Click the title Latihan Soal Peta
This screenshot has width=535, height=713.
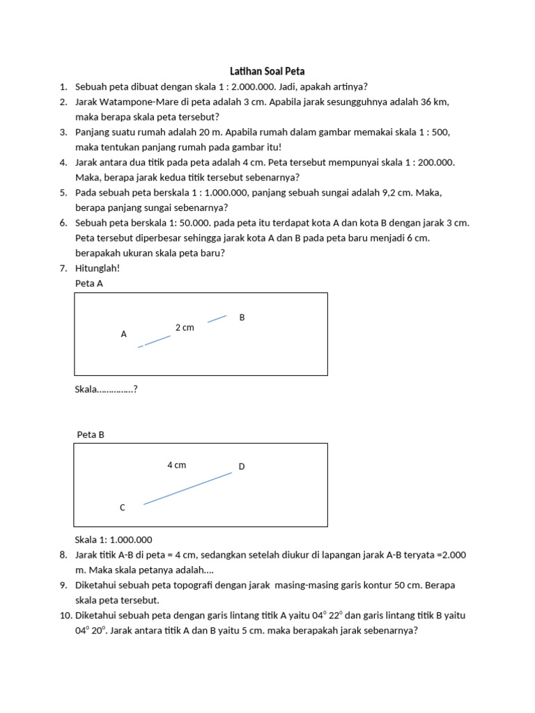coord(267,71)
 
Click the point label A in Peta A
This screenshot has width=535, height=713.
coord(124,334)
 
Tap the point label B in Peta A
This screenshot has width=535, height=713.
coord(242,318)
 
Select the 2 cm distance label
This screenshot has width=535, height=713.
coord(185,327)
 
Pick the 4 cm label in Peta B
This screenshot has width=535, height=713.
coord(176,464)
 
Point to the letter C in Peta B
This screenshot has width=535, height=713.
coord(123,508)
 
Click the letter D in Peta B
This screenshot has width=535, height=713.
coord(242,467)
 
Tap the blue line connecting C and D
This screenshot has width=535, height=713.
coord(188,488)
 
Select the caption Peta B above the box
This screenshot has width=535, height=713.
coord(91,434)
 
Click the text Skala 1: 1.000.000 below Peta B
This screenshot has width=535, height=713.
coord(114,540)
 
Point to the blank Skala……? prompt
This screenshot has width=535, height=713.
coord(106,389)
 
